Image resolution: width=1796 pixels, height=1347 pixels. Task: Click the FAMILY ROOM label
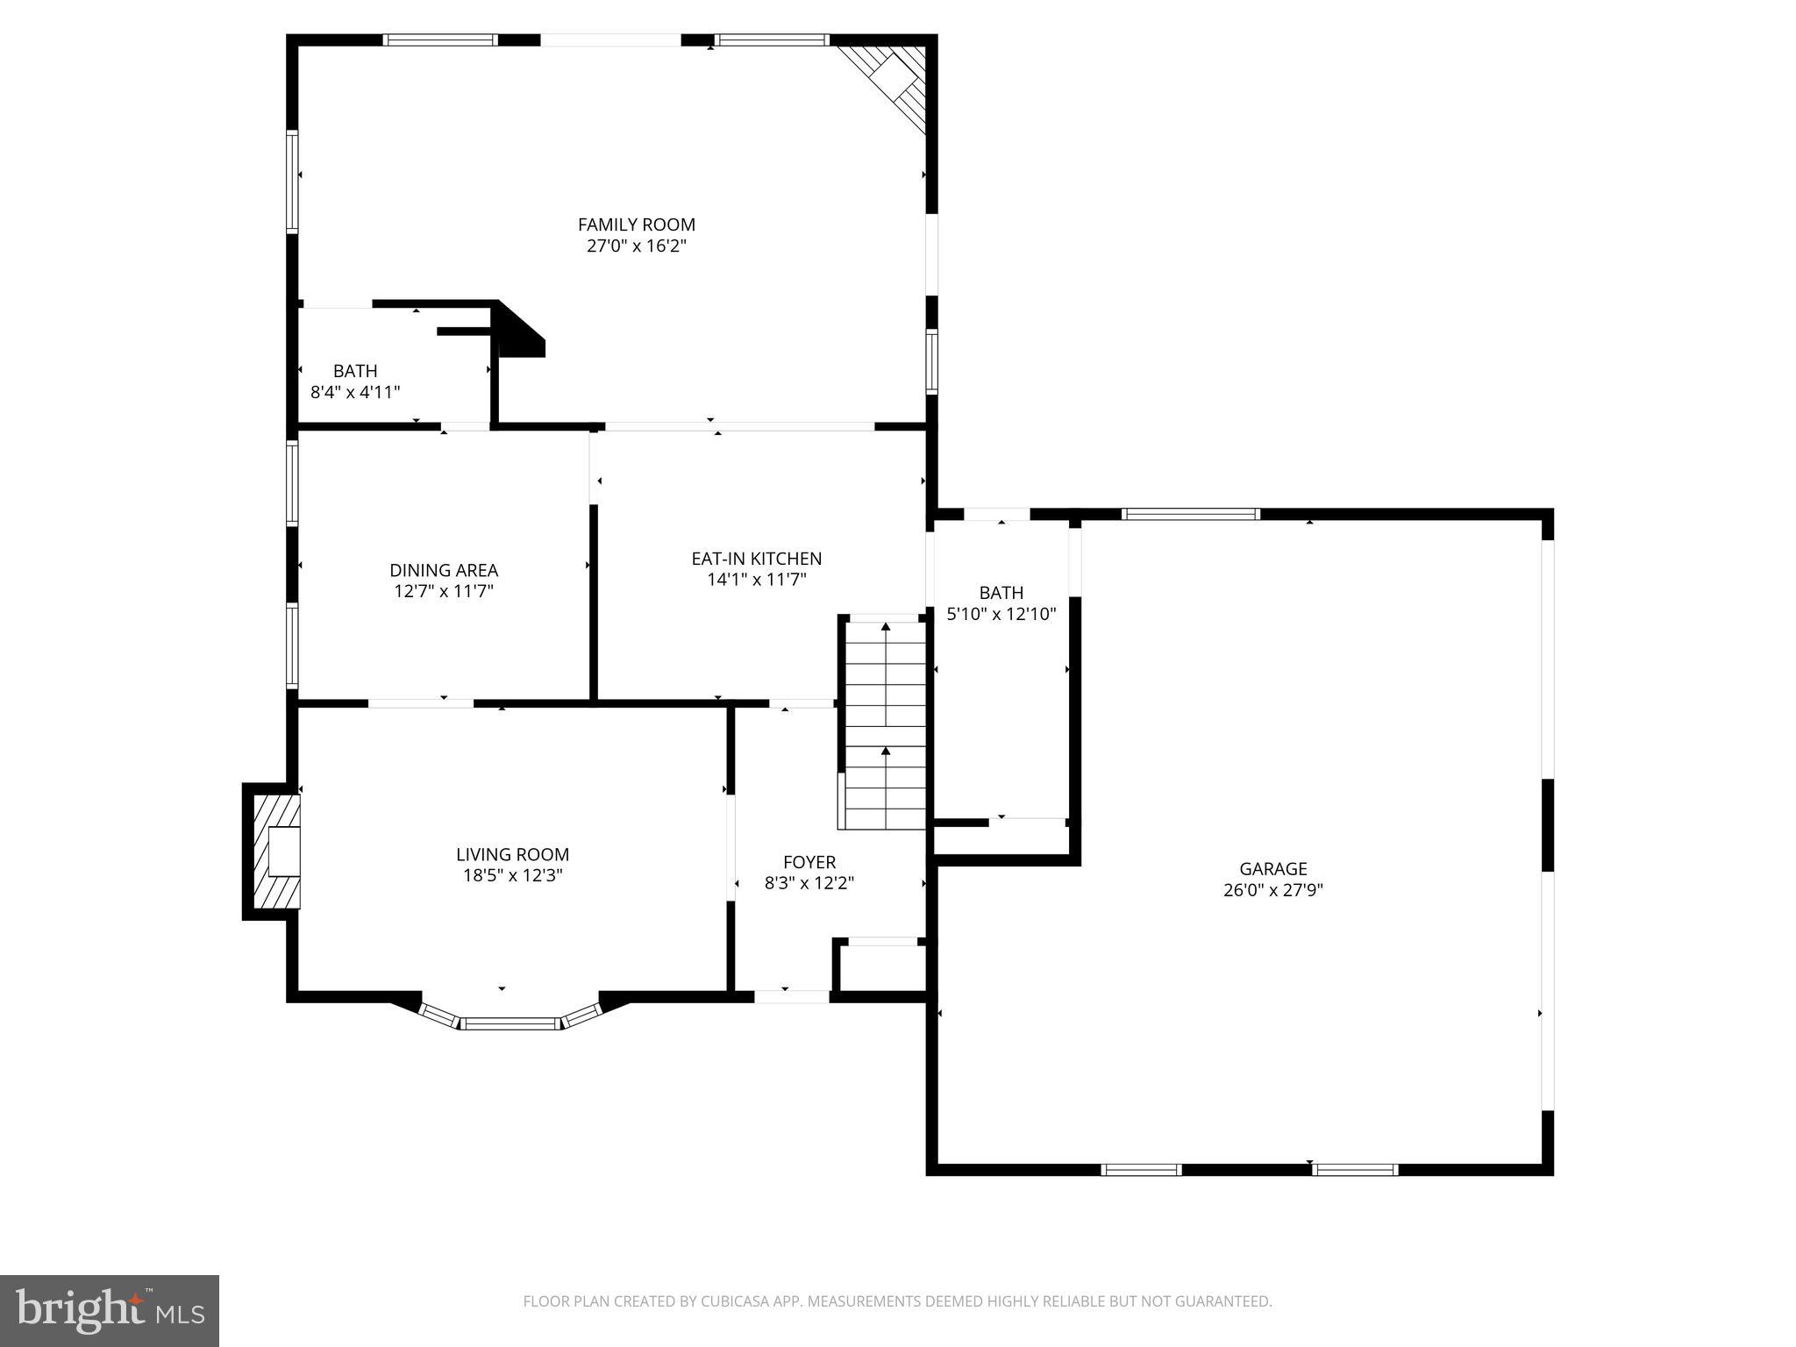pyautogui.click(x=636, y=224)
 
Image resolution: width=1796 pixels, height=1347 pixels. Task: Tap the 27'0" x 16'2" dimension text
pyautogui.click(x=636, y=246)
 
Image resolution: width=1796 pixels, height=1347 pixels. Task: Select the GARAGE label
pyautogui.click(x=1272, y=868)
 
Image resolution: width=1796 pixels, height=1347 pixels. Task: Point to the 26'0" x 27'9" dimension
pyautogui.click(x=1272, y=890)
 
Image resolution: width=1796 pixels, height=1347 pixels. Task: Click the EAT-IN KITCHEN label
pyautogui.click(x=756, y=559)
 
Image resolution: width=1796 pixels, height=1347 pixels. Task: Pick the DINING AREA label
pyautogui.click(x=444, y=570)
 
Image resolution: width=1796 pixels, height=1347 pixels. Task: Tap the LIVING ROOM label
pyautogui.click(x=512, y=854)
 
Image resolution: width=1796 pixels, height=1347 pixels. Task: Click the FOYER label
pyautogui.click(x=809, y=862)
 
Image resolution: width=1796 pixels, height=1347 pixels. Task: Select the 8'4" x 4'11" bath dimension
pyautogui.click(x=355, y=392)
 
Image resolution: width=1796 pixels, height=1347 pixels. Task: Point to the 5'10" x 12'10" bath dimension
pyautogui.click(x=1001, y=614)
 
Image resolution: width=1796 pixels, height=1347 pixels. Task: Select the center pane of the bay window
pyautogui.click(x=511, y=1023)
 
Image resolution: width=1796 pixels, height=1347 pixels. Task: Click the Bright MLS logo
pyautogui.click(x=110, y=1311)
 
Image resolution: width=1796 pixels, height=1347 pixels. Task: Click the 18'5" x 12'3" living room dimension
pyautogui.click(x=512, y=875)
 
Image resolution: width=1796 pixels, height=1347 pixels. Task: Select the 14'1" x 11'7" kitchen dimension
pyautogui.click(x=756, y=580)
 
